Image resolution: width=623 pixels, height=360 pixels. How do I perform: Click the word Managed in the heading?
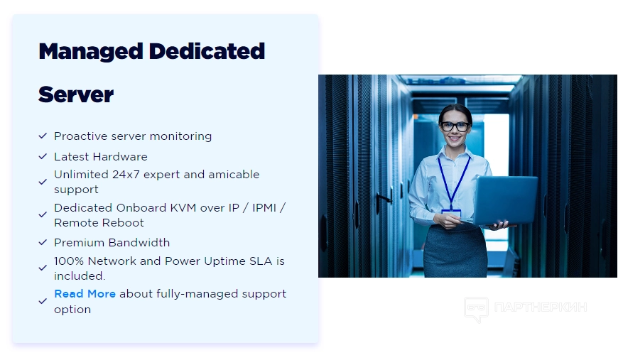click(91, 52)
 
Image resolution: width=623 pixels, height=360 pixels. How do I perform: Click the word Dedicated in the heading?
click(207, 51)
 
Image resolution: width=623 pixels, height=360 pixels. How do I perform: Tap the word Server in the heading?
click(76, 94)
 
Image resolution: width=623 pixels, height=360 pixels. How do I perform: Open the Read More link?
click(85, 294)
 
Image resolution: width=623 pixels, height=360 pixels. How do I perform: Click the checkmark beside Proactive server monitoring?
click(43, 136)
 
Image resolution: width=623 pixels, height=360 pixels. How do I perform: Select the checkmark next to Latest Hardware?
click(43, 156)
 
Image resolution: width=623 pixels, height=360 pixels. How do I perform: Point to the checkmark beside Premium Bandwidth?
click(43, 242)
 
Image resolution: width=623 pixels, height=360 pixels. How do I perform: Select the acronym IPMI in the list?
click(264, 208)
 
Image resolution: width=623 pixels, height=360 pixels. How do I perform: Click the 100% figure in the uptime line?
click(69, 261)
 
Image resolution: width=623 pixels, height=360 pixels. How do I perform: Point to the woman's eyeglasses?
click(455, 127)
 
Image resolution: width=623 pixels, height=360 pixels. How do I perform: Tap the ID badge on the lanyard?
click(451, 214)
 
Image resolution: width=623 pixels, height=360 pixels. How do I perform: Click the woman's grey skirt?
click(455, 251)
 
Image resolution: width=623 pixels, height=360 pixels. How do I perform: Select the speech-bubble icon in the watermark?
click(476, 309)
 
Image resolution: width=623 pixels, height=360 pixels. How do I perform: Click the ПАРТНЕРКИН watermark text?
click(541, 307)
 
